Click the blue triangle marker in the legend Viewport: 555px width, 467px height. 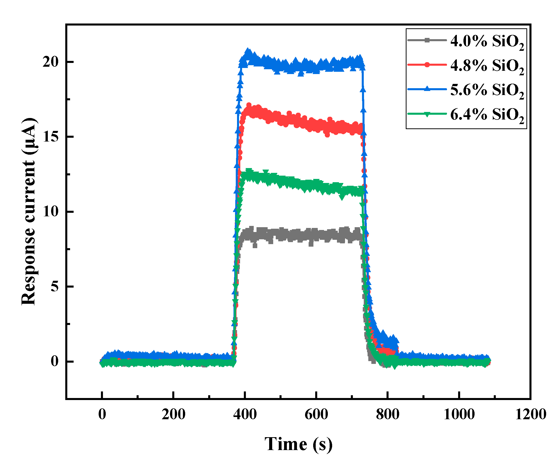[427, 89]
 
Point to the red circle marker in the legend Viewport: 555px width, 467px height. [427, 65]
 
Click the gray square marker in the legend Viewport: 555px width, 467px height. [427, 40]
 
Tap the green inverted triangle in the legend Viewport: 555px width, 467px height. [427, 114]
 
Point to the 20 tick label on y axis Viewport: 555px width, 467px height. [51, 62]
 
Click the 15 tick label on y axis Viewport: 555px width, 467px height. [51, 137]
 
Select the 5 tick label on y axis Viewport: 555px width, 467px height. [54, 287]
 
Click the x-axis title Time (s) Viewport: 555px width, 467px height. [298, 444]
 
